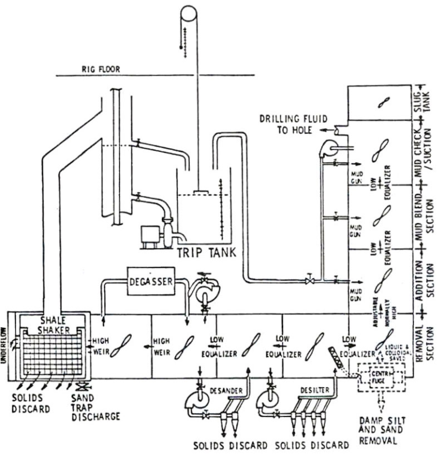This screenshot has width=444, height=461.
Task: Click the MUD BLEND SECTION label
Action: (x=426, y=213)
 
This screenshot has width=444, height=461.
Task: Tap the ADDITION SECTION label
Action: (x=426, y=277)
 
